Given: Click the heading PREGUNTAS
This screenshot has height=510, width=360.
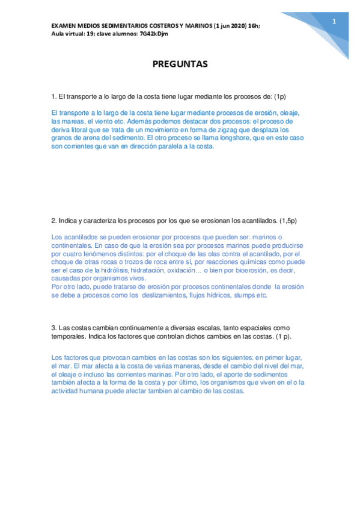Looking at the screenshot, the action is [x=180, y=64].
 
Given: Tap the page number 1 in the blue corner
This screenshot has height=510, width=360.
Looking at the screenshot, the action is [x=334, y=22].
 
